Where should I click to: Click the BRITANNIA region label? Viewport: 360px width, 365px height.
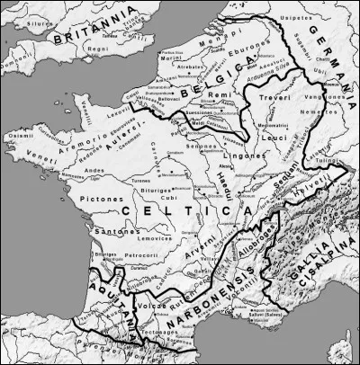pyautogui.click(x=84, y=37)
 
